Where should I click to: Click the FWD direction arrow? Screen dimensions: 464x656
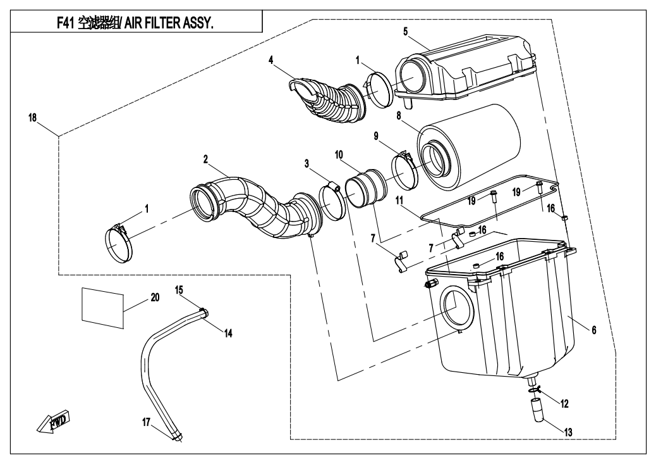[52, 422]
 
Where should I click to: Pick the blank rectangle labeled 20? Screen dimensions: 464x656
[102, 306]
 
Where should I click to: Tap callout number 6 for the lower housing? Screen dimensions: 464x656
[594, 330]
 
